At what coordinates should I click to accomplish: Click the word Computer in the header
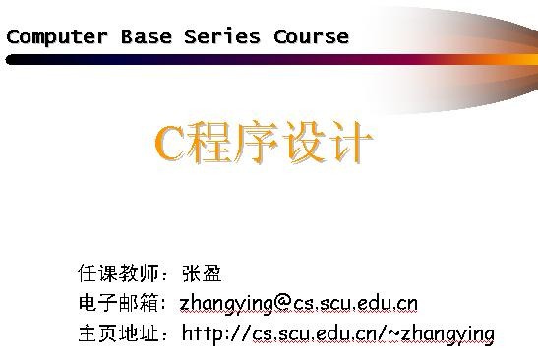pos(57,37)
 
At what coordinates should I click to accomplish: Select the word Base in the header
pos(147,37)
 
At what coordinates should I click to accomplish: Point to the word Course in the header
pos(311,37)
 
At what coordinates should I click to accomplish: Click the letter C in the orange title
pos(169,145)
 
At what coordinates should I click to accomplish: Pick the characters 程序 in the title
pos(233,145)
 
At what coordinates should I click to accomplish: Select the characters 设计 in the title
pos(328,145)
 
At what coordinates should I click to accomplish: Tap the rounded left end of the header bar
pos(11,59)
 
